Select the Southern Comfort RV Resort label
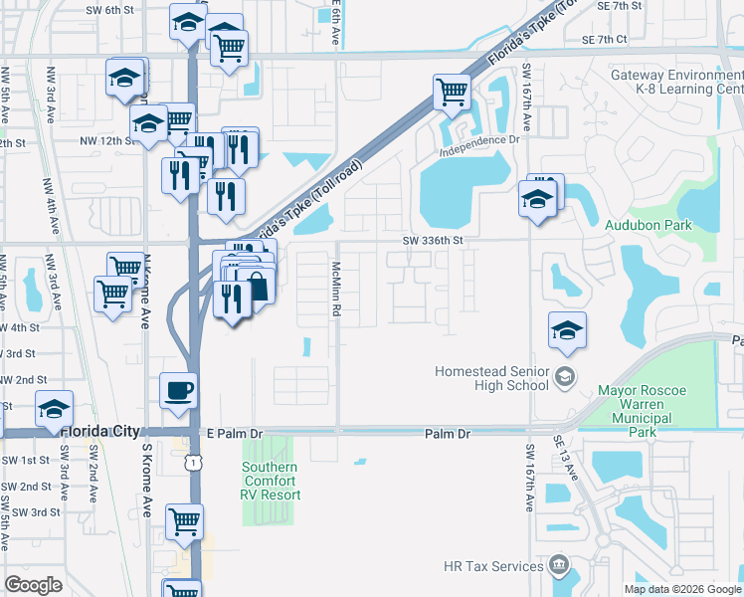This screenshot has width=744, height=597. [x=270, y=481]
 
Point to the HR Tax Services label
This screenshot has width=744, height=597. [x=493, y=566]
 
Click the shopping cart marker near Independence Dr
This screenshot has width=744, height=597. [x=453, y=94]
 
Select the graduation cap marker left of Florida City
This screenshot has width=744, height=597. [x=54, y=409]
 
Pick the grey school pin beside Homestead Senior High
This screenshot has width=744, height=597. [x=564, y=376]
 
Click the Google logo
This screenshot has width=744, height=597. [x=34, y=584]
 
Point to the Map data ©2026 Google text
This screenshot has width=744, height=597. [x=681, y=589]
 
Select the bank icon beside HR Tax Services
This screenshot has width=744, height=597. [x=559, y=566]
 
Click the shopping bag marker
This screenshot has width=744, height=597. [x=257, y=287]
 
